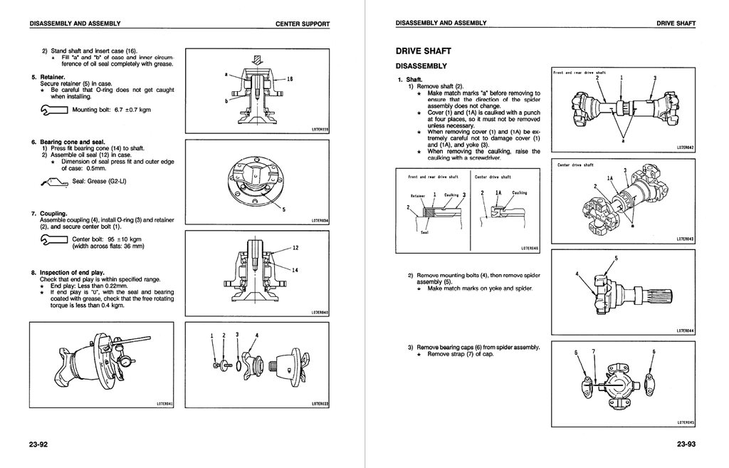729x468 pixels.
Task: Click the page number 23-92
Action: [x=38, y=446]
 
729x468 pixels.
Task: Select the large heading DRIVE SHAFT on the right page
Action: [x=422, y=52]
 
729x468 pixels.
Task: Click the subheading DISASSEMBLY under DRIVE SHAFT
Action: [x=421, y=66]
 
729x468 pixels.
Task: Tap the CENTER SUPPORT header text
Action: [x=303, y=24]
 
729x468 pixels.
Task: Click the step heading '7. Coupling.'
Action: [x=49, y=213]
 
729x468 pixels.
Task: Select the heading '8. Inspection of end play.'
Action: [x=68, y=272]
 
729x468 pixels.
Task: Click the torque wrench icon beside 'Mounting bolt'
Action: [x=54, y=110]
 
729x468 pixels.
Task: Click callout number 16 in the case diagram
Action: [x=290, y=80]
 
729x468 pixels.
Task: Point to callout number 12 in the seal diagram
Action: [x=295, y=248]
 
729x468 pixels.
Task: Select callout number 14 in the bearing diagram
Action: [x=295, y=270]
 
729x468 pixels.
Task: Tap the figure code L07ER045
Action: [x=685, y=422]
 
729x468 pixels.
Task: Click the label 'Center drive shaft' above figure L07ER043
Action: [x=575, y=165]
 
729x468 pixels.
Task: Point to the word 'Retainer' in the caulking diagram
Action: [x=418, y=194]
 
